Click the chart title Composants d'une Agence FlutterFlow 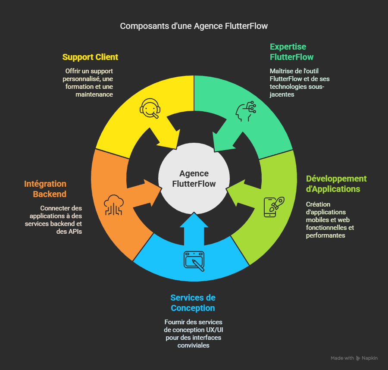(194, 26)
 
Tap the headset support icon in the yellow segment (150, 108)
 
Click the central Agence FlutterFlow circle (194, 179)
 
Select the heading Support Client (90, 57)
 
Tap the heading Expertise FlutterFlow (291, 52)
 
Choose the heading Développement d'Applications (336, 184)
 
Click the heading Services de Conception (193, 303)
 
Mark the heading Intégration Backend (45, 189)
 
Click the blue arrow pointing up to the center (194, 224)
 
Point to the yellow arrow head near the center (171, 138)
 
